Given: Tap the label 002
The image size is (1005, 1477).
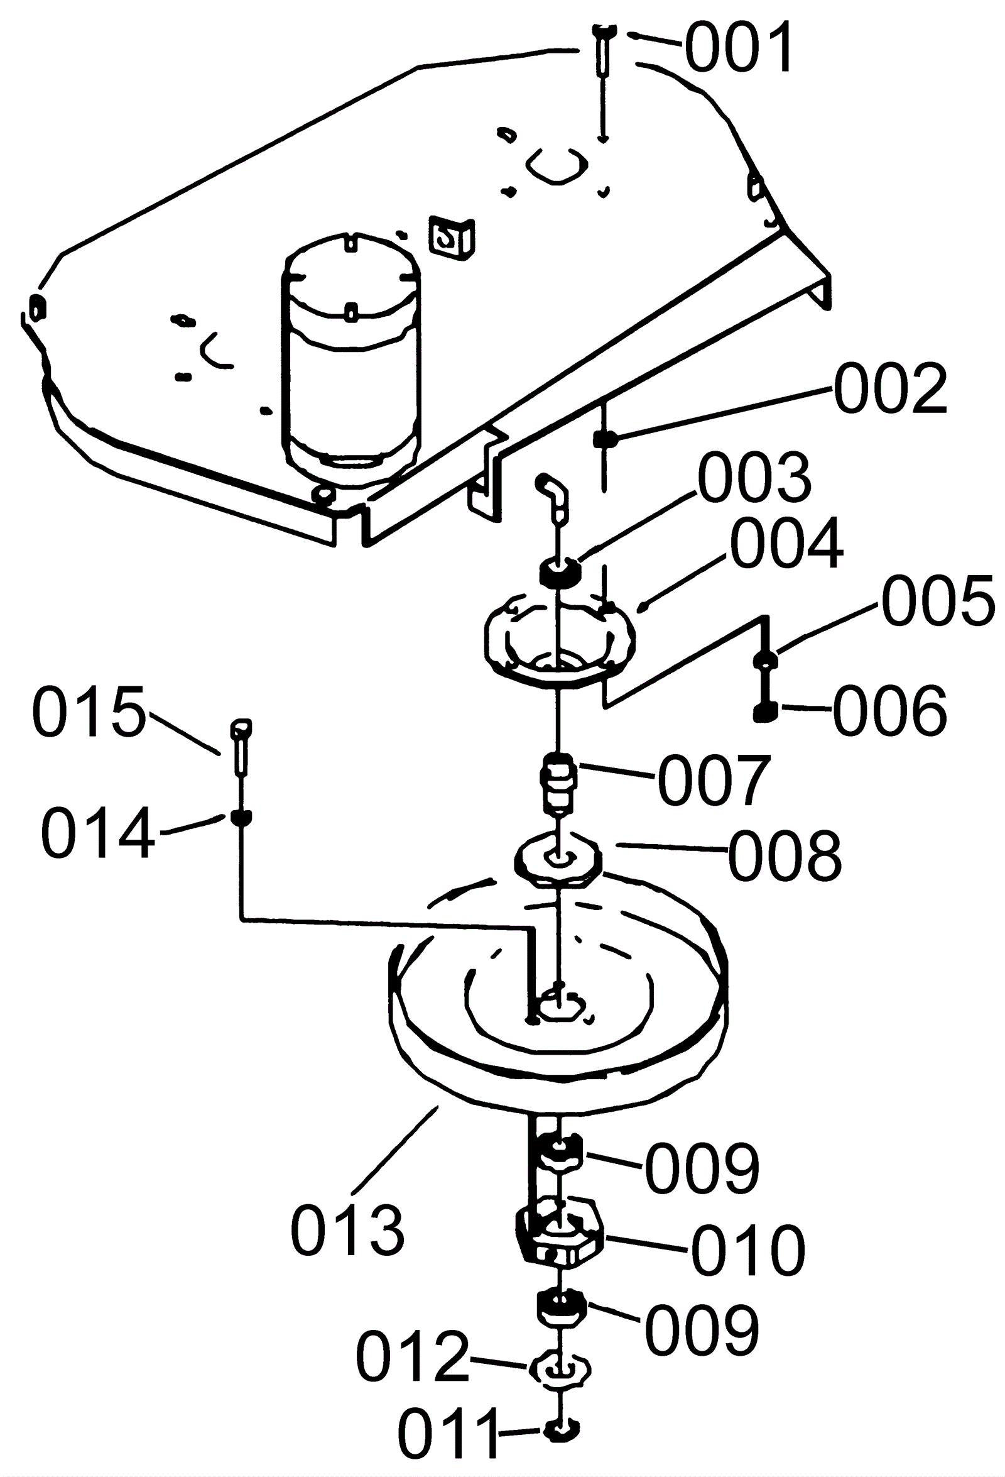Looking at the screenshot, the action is coord(891,388).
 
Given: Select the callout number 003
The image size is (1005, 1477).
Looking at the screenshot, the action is coord(755,477).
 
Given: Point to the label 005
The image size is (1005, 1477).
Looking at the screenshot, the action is coord(938,601).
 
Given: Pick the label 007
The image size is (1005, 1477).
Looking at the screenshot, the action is coord(715,780).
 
